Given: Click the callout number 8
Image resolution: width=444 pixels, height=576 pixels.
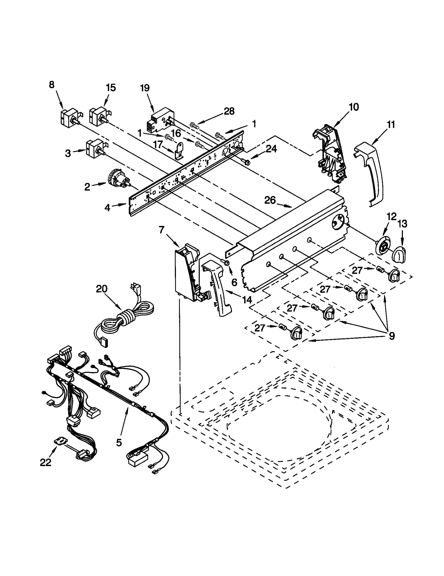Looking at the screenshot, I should click(x=52, y=85).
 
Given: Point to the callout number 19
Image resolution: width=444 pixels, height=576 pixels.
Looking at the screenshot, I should click(x=145, y=88).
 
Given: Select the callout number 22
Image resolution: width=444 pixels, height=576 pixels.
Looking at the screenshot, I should click(x=46, y=462).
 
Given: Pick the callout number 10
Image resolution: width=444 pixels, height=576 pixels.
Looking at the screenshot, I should click(x=354, y=107).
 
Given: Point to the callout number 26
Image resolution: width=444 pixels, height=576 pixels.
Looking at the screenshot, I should click(x=270, y=200).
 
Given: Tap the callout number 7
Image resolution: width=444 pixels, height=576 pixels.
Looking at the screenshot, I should click(x=162, y=230).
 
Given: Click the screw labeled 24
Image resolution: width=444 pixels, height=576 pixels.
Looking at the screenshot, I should click(x=245, y=160).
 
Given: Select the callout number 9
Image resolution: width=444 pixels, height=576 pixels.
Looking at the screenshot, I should click(x=392, y=336).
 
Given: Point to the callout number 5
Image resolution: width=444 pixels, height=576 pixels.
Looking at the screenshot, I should click(x=119, y=442).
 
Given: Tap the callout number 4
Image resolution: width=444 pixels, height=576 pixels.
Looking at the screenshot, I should click(x=107, y=207).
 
